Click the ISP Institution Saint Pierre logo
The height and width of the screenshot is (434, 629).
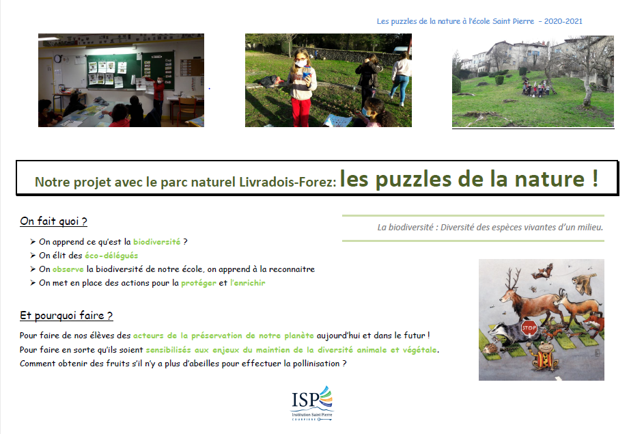(x=312, y=403)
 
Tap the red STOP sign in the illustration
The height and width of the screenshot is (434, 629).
(x=529, y=328)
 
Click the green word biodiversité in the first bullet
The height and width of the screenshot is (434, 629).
(x=157, y=242)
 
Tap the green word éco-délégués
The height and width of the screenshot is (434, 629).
(x=111, y=256)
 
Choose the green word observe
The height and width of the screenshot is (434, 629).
(x=68, y=269)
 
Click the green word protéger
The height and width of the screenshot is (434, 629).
(x=199, y=283)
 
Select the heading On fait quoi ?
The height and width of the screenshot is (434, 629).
(x=53, y=221)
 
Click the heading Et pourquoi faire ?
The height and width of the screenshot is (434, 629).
(x=66, y=316)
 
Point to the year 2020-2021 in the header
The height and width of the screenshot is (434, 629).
(x=563, y=21)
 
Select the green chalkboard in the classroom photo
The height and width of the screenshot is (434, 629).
(x=114, y=72)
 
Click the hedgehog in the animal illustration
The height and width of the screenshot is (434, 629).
(x=490, y=348)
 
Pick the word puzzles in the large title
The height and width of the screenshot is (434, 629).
(x=414, y=179)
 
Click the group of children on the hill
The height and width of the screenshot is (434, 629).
(x=536, y=87)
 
